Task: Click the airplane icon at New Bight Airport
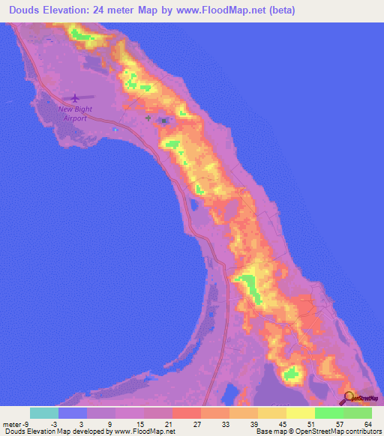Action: [x=74, y=97]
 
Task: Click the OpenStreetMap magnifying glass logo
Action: [x=350, y=398]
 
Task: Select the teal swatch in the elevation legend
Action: [x=44, y=413]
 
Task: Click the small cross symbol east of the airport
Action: [x=148, y=118]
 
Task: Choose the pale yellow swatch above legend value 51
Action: [x=301, y=413]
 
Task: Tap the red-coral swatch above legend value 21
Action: [x=187, y=413]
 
